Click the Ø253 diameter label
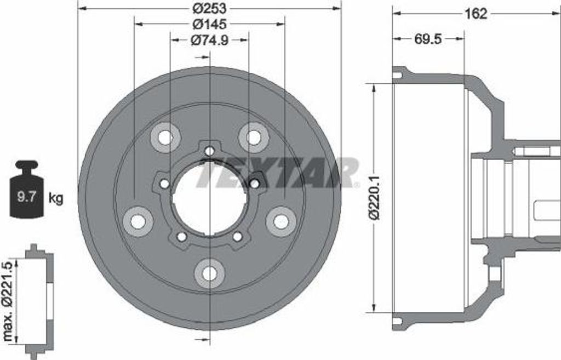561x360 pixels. click(x=209, y=7)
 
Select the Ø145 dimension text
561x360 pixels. click(x=209, y=24)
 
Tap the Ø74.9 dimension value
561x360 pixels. click(x=209, y=41)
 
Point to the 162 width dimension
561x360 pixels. click(x=476, y=14)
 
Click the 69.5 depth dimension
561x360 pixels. click(x=428, y=39)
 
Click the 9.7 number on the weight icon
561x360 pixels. click(x=26, y=197)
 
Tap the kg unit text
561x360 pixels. click(x=55, y=198)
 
